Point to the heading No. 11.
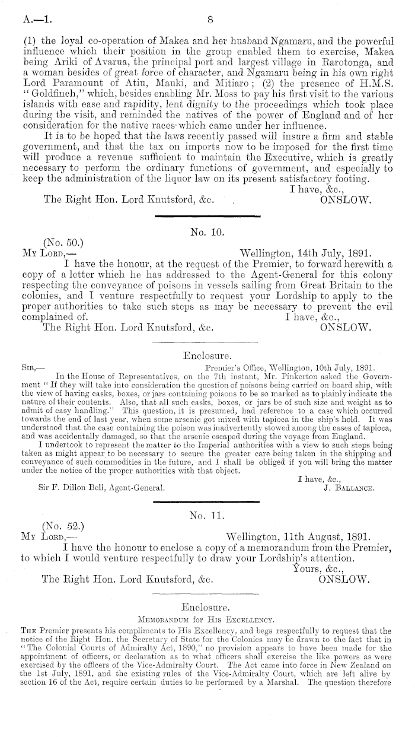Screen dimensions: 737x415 click(x=205, y=512)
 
